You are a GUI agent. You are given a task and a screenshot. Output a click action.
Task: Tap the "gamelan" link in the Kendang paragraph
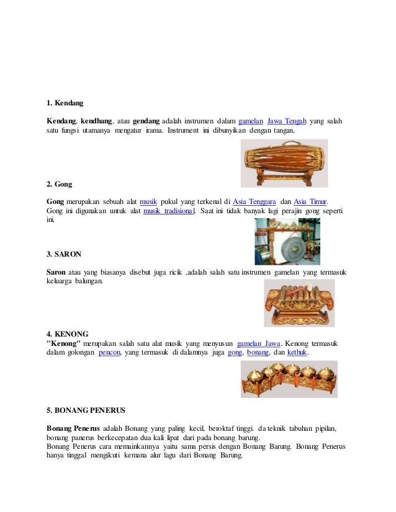click(251, 120)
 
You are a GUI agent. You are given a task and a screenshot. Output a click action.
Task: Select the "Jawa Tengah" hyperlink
click(287, 120)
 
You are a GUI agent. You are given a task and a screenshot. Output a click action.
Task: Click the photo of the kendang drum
click(284, 163)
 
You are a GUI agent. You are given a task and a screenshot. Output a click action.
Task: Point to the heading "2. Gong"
click(60, 184)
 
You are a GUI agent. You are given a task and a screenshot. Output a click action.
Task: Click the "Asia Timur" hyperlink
click(310, 201)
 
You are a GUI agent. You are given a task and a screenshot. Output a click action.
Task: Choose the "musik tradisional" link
click(169, 211)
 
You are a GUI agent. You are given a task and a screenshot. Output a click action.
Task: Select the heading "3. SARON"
click(64, 254)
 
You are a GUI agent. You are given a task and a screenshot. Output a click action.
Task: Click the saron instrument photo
click(299, 303)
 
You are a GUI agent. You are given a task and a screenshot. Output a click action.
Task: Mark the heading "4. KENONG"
click(67, 333)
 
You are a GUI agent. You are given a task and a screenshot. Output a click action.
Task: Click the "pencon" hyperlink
click(109, 353)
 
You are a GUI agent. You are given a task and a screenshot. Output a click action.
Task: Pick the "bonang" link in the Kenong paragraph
click(258, 353)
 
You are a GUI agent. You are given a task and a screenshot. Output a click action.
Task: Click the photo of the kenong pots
click(289, 379)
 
